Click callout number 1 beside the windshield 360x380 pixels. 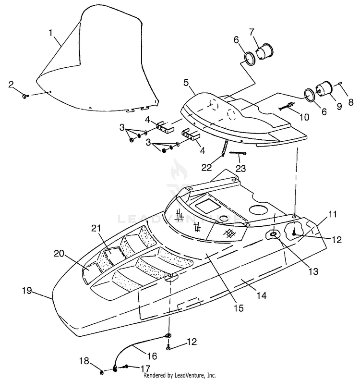(50, 33)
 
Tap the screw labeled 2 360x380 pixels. (25, 96)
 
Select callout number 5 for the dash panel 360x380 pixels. (186, 83)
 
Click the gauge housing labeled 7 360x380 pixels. (264, 51)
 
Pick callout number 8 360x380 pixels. (351, 102)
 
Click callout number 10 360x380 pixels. (304, 117)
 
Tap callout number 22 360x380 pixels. (206, 167)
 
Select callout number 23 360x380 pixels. (240, 168)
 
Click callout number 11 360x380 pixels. (333, 214)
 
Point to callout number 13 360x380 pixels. (313, 271)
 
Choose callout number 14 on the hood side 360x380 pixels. (261, 295)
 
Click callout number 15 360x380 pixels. (239, 308)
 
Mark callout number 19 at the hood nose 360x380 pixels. (27, 290)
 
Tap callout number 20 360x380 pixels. (59, 254)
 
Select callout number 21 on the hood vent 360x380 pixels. (96, 228)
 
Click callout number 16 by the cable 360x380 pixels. (152, 356)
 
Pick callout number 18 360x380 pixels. (85, 361)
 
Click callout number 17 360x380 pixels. (145, 368)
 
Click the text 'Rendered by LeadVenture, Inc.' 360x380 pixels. (180, 375)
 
